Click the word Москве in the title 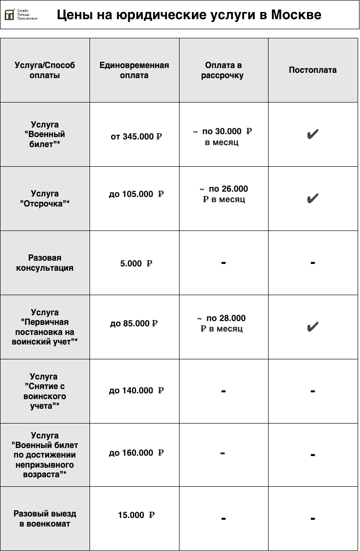click(x=296, y=15)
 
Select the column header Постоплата click(x=313, y=70)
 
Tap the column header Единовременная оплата click(x=134, y=70)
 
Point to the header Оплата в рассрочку click(x=223, y=70)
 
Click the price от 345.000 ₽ click(x=136, y=137)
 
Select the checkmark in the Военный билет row click(x=313, y=135)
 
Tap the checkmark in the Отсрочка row click(x=313, y=198)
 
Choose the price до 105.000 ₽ click(x=136, y=194)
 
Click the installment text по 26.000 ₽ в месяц click(x=224, y=194)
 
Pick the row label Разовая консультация click(x=45, y=263)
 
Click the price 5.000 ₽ click(x=136, y=264)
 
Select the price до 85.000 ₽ click(x=134, y=323)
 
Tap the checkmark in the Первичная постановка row click(x=313, y=327)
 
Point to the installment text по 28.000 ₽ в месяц click(x=222, y=323)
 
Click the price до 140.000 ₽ click(x=136, y=390)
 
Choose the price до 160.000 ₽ click(x=136, y=453)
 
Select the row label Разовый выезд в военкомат click(x=45, y=518)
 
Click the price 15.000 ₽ click(x=136, y=515)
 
